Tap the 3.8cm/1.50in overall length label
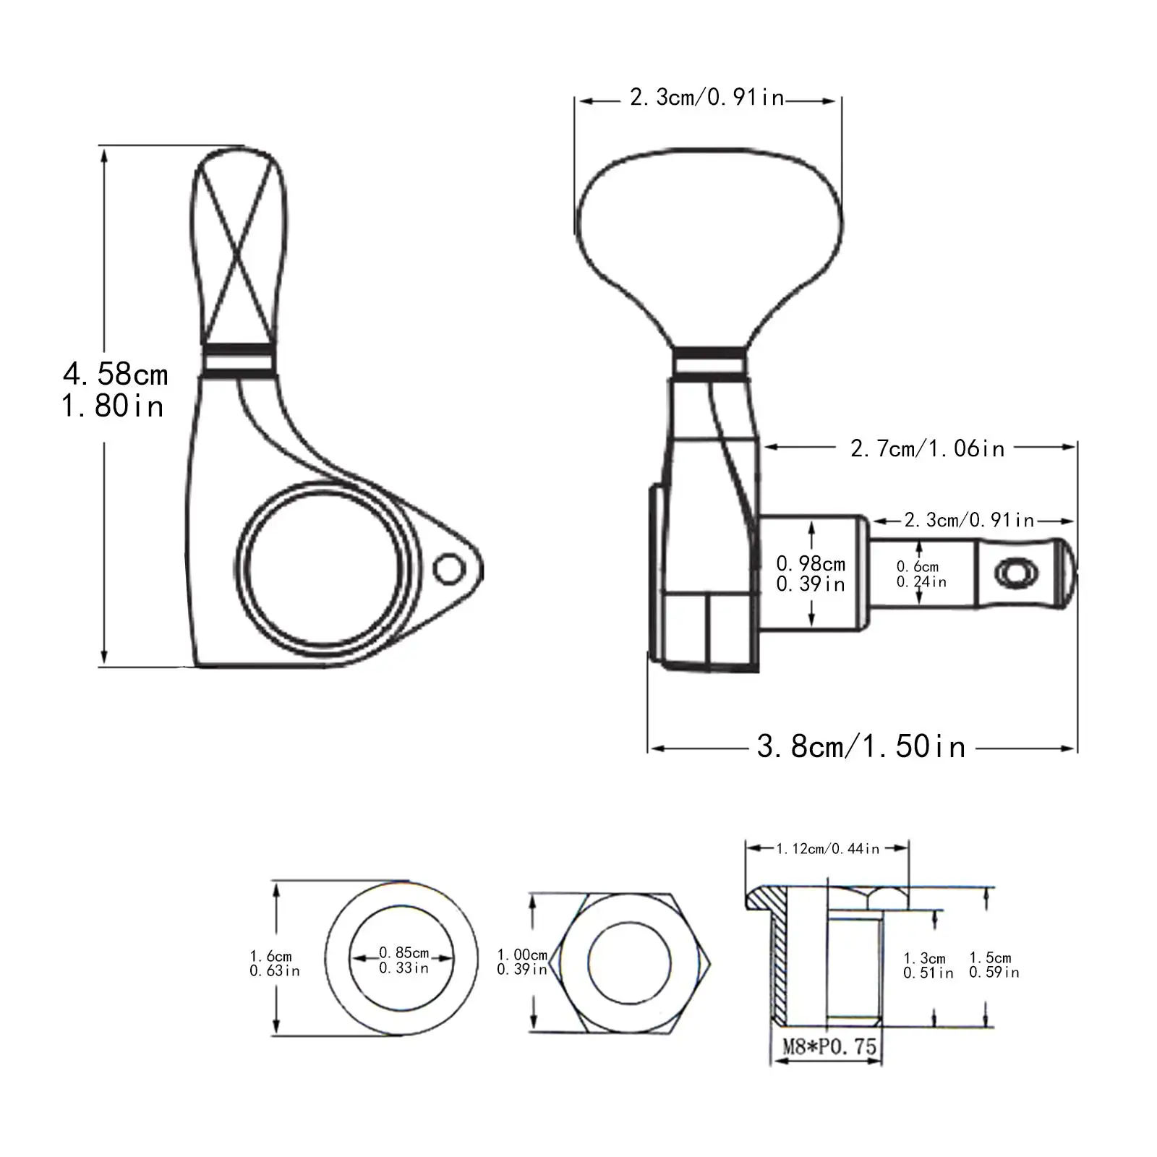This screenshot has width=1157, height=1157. click(x=861, y=746)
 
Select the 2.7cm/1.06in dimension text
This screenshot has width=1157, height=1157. click(x=928, y=449)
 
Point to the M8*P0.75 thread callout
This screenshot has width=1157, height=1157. click(x=829, y=1046)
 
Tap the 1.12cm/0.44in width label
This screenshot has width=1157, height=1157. click(x=828, y=848)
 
